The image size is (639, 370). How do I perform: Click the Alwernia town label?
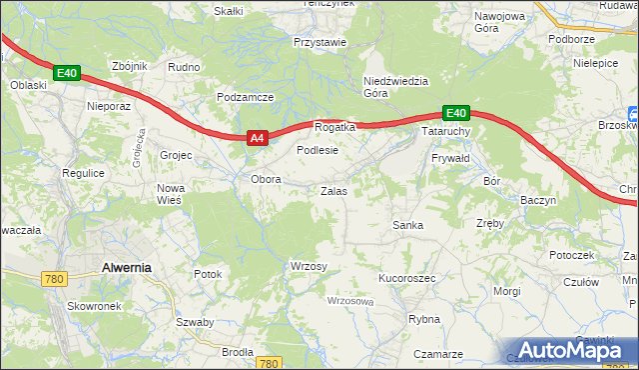click(x=127, y=267)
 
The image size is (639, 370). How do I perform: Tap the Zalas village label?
click(x=333, y=190)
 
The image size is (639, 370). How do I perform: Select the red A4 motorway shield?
click(x=257, y=138)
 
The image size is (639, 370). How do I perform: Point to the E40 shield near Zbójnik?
click(x=67, y=73)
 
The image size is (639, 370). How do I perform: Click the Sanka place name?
click(x=407, y=225)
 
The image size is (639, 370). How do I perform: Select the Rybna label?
click(x=424, y=319)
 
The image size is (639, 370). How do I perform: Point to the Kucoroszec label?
click(x=406, y=278)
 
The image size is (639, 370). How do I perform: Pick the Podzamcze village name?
click(x=246, y=97)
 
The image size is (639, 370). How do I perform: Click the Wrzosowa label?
click(x=350, y=300)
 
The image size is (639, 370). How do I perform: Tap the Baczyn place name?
click(x=538, y=200)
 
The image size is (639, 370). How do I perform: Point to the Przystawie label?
click(x=319, y=43)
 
